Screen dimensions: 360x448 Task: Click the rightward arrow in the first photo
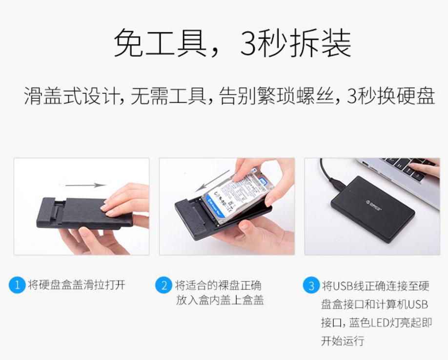(x=85, y=185)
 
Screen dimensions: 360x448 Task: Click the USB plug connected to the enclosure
(x=336, y=185)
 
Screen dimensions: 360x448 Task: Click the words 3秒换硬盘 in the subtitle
(x=390, y=96)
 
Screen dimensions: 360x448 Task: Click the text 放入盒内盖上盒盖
(x=220, y=300)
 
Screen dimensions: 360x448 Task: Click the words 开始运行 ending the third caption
(x=342, y=341)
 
